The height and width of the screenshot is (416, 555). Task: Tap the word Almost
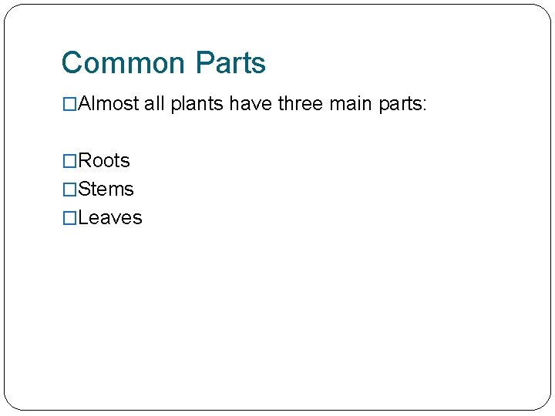pos(109,104)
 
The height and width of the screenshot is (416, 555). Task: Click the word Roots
pos(104,160)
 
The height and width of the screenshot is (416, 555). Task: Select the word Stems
pos(106,189)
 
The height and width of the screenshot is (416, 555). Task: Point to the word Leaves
pos(110,217)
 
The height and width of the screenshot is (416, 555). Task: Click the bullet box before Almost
pos(70,104)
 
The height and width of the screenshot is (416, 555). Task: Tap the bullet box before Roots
pos(70,160)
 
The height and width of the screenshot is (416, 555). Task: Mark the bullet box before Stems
pos(70,189)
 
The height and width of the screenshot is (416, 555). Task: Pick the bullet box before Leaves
pos(70,217)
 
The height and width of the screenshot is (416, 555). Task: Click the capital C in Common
pos(72,63)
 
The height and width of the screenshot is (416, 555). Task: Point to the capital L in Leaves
pos(83,217)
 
